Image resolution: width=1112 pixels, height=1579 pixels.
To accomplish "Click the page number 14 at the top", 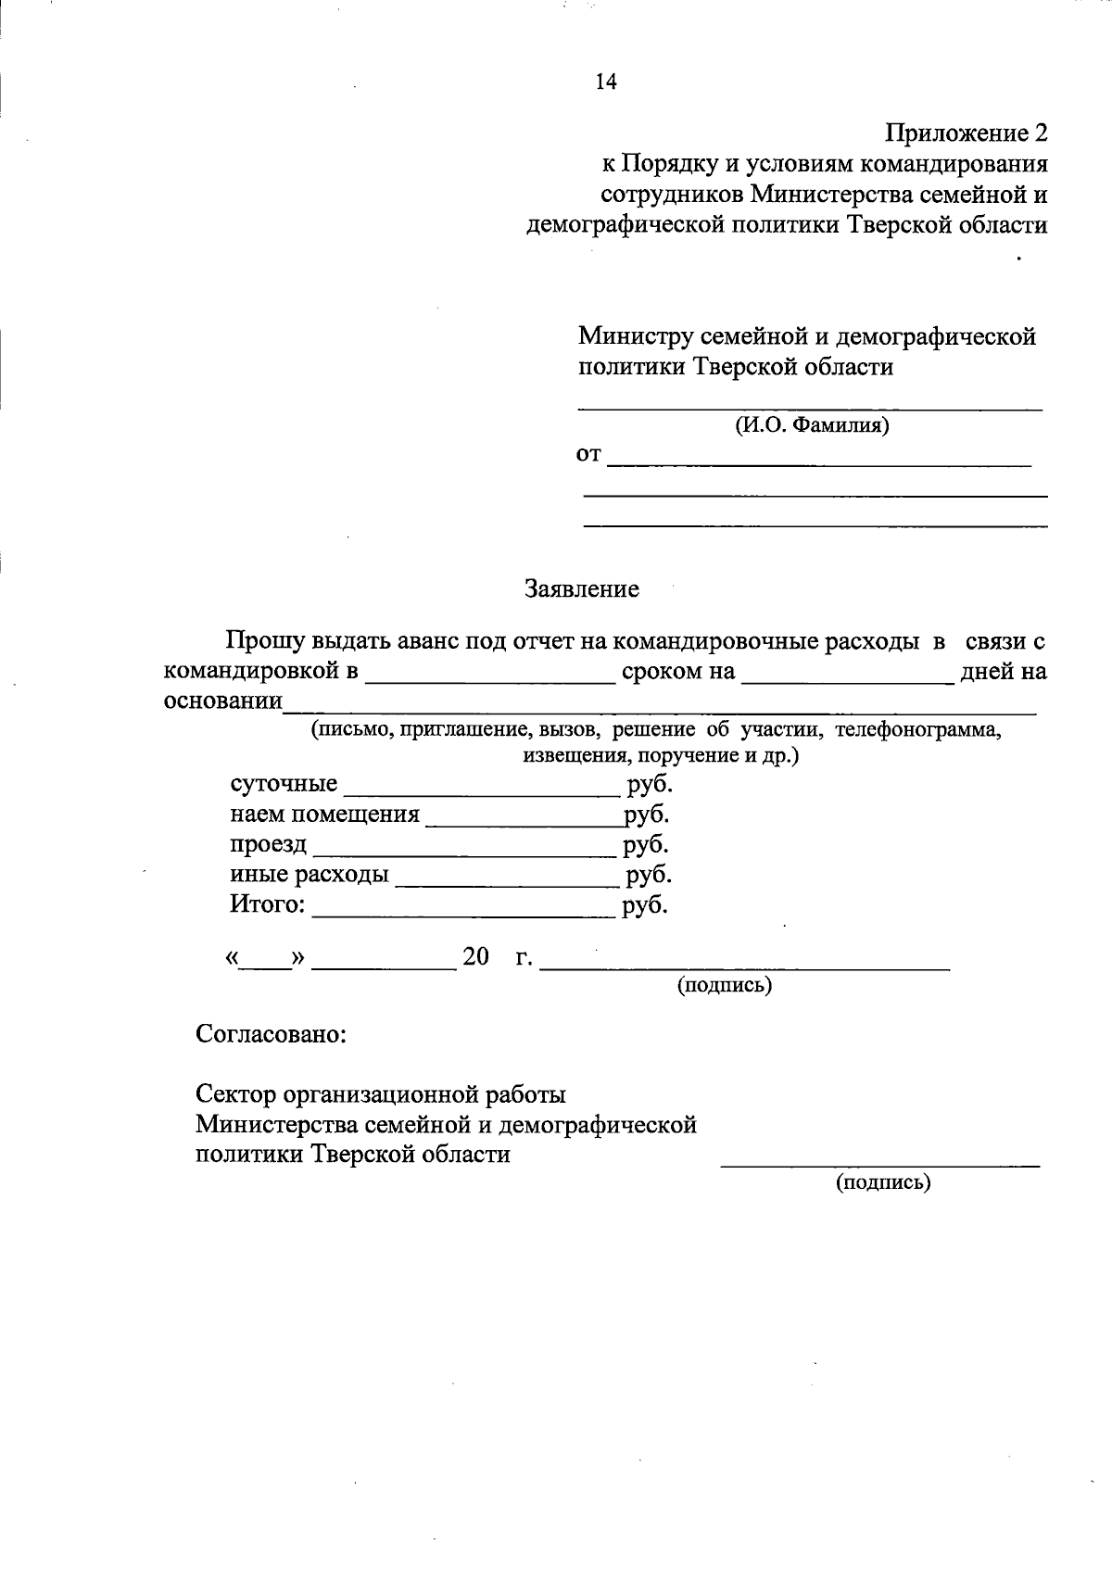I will pos(606,82).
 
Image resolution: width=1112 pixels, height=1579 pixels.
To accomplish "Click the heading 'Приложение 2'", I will pos(967,133).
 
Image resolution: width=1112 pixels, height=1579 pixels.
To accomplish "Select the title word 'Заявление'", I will pos(582,589).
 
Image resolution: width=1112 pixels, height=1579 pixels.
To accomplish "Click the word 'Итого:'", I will pos(268,904).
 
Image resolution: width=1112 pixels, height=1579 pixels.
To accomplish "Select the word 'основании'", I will pos(222,701).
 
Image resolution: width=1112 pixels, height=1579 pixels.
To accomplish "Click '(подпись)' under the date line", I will pos(725,985).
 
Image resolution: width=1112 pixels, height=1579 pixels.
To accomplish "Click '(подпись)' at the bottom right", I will pos(883,1182).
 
